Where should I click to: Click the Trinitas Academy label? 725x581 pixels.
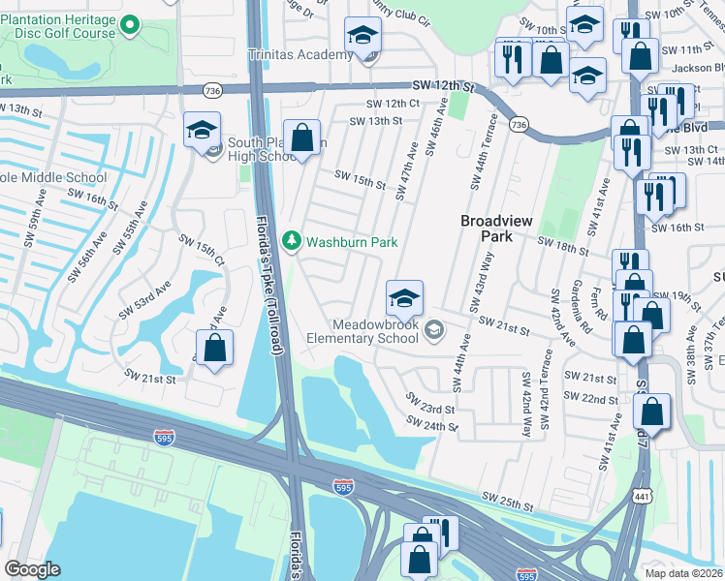(x=300, y=54)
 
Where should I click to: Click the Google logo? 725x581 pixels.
(x=32, y=569)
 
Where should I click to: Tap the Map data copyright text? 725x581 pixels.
(x=683, y=573)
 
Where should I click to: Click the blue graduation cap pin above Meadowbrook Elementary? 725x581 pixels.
(x=404, y=296)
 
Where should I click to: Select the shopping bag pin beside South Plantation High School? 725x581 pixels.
(x=302, y=137)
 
